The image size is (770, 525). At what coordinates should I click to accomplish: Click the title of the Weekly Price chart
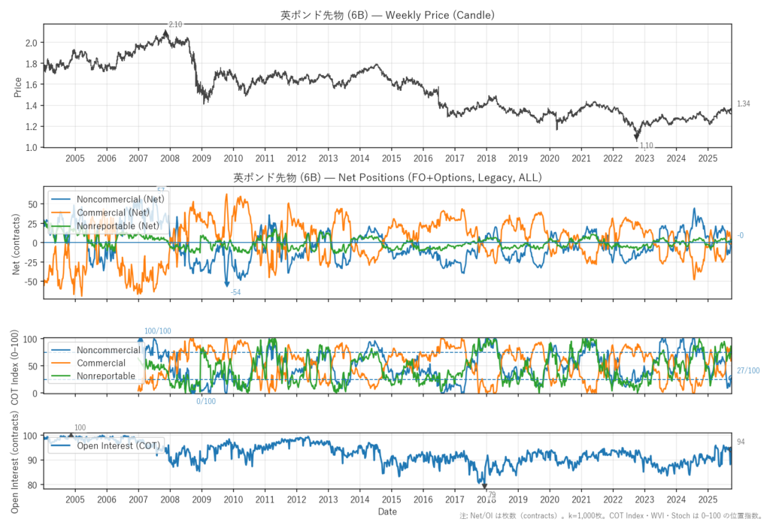(x=387, y=14)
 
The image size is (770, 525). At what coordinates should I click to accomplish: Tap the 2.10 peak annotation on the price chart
(x=175, y=25)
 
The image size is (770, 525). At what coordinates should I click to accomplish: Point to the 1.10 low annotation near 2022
(x=646, y=145)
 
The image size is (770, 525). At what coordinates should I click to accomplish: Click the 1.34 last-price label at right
(x=743, y=104)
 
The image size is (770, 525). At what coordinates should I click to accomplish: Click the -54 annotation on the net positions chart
(x=235, y=291)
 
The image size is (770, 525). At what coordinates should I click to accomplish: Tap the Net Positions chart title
(x=387, y=178)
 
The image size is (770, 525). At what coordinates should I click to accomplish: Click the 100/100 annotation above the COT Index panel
(x=158, y=331)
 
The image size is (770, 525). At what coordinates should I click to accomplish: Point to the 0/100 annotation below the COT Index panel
(x=205, y=402)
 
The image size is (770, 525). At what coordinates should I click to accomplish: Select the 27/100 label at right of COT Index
(x=747, y=370)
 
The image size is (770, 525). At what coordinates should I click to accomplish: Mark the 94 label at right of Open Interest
(x=741, y=442)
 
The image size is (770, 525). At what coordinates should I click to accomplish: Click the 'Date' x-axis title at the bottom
(x=387, y=511)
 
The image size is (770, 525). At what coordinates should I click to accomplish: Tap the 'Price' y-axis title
(x=17, y=87)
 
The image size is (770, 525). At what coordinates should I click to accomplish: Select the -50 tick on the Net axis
(x=30, y=282)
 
